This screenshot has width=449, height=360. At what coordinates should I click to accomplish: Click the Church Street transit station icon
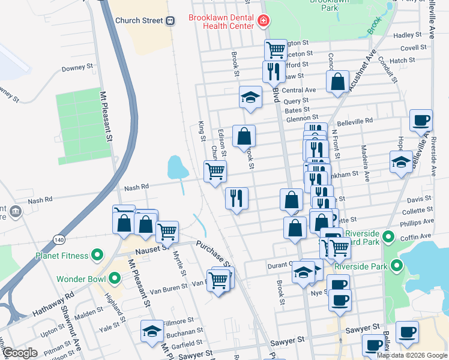pyautogui.click(x=171, y=20)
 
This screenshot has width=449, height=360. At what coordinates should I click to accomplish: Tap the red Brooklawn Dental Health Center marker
pyautogui.click(x=262, y=21)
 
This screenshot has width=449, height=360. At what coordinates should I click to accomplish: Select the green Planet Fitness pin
pyautogui.click(x=97, y=256)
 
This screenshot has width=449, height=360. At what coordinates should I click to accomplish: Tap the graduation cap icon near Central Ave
pyautogui.click(x=250, y=97)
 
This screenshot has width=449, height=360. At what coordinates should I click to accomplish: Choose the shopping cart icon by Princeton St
pyautogui.click(x=275, y=50)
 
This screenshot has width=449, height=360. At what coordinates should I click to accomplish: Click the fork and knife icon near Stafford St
pyautogui.click(x=274, y=71)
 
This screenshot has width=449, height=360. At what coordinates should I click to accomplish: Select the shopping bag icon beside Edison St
pyautogui.click(x=244, y=136)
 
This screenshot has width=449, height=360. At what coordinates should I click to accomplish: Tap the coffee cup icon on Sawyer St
pyautogui.click(x=408, y=332)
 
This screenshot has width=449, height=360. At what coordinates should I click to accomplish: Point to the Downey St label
pyautogui.click(x=75, y=68)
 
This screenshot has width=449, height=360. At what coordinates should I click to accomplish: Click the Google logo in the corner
pyautogui.click(x=19, y=353)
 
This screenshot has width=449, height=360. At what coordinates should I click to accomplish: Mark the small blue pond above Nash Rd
pyautogui.click(x=175, y=168)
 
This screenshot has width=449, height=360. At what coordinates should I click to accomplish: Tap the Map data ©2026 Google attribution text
pyautogui.click(x=412, y=355)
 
